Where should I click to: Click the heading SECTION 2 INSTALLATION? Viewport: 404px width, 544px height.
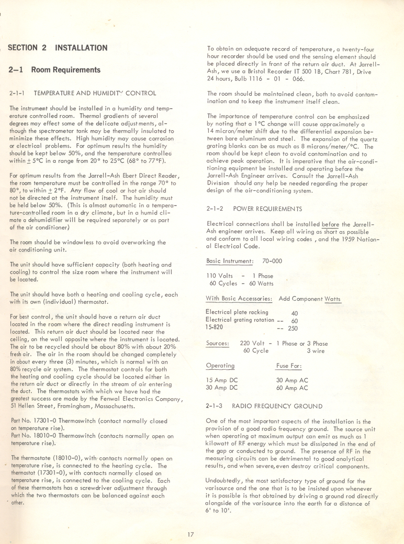coord(58,48)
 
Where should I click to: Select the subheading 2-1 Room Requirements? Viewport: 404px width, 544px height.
coord(54,70)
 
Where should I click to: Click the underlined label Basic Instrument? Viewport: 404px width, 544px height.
coord(230,260)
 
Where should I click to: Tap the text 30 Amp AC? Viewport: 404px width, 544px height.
coord(292,380)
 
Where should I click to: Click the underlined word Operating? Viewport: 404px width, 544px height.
coord(220,365)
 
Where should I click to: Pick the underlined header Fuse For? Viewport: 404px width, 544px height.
coord(288,365)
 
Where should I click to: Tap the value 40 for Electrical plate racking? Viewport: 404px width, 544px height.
coord(294,313)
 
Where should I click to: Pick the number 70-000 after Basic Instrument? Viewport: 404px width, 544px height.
coord(272,260)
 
